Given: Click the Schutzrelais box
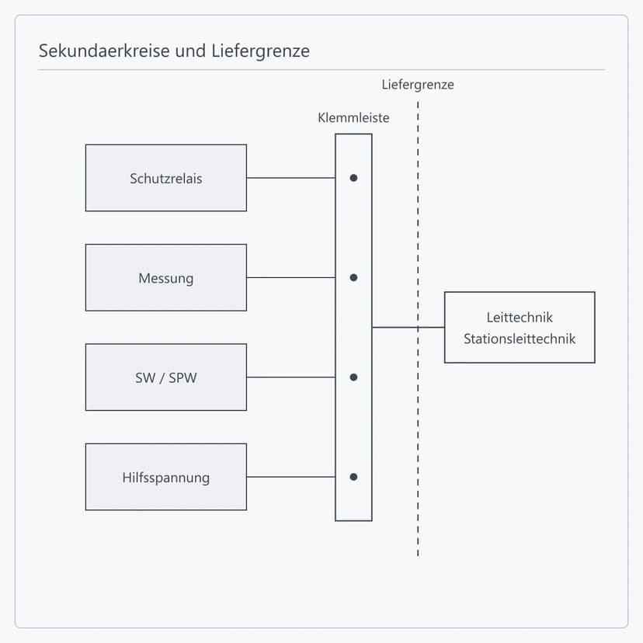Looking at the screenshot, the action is pyautogui.click(x=166, y=178).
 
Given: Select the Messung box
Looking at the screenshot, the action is pyautogui.click(x=166, y=277).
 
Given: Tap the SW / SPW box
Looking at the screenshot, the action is pyautogui.click(x=166, y=377).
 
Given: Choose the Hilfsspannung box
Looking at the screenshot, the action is pyautogui.click(x=166, y=477).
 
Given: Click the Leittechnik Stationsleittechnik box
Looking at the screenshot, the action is pyautogui.click(x=520, y=327).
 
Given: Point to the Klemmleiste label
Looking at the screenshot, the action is pyautogui.click(x=353, y=118).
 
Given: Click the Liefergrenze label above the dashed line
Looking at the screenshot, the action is pyautogui.click(x=418, y=85).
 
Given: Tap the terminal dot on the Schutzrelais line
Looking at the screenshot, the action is pyautogui.click(x=353, y=178).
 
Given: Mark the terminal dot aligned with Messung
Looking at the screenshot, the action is pyautogui.click(x=353, y=277).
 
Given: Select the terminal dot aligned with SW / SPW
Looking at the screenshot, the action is pyautogui.click(x=353, y=377).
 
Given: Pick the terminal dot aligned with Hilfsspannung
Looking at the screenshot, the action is pyautogui.click(x=353, y=477).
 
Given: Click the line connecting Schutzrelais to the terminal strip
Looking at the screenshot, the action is pyautogui.click(x=291, y=178).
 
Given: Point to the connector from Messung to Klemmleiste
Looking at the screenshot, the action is pyautogui.click(x=291, y=277).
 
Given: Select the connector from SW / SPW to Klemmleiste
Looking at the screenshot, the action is pyautogui.click(x=291, y=377).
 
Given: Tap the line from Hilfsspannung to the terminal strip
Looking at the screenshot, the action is pyautogui.click(x=291, y=477).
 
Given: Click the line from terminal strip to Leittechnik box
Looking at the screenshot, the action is pyautogui.click(x=408, y=327).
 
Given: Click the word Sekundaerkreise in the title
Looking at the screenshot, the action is pyautogui.click(x=105, y=50).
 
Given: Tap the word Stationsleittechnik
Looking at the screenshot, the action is pyautogui.click(x=520, y=339).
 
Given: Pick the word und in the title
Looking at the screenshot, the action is pyautogui.click(x=191, y=51).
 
